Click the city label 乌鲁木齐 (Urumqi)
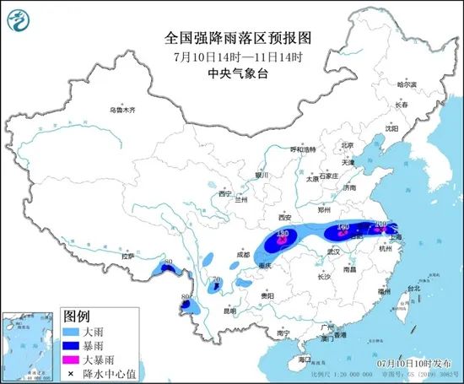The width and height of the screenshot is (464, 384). (121, 111)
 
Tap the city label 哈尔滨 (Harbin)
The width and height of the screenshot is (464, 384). (407, 84)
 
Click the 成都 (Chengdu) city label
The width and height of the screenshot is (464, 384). (243, 252)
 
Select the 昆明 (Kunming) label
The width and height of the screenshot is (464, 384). (229, 311)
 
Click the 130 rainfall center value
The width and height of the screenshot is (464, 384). (283, 233)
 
